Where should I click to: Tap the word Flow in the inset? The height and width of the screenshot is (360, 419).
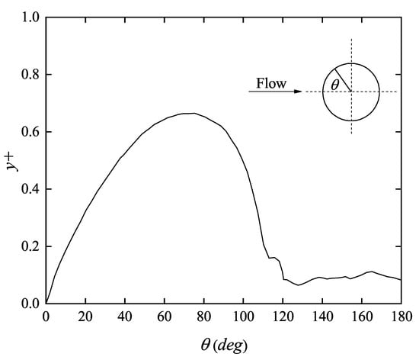point(272,84)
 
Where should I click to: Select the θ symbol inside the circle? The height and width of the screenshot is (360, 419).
point(336,86)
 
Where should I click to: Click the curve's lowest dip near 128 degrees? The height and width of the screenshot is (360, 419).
point(299,284)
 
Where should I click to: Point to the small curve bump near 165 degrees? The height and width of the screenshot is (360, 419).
point(371,271)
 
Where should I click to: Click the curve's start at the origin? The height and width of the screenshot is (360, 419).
point(46,303)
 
